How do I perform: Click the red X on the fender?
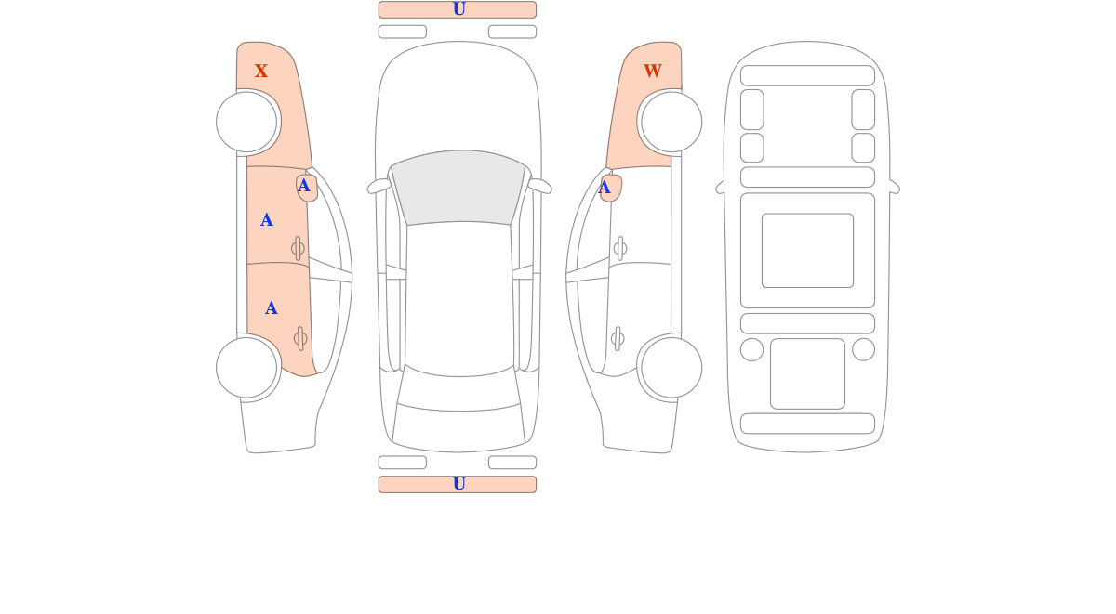click(x=261, y=71)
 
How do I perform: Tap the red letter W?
click(x=653, y=71)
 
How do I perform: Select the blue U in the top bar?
click(x=458, y=9)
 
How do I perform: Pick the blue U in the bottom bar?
click(x=458, y=484)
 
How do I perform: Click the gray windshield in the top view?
click(x=458, y=187)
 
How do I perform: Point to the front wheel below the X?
click(x=246, y=122)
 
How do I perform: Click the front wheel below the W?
click(x=671, y=122)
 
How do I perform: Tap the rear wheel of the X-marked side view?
click(x=246, y=368)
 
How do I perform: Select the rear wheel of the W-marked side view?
click(x=671, y=368)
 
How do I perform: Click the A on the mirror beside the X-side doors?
click(x=303, y=186)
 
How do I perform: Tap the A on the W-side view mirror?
click(x=604, y=188)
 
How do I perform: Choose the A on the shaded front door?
click(x=267, y=220)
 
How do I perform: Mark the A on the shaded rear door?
click(x=271, y=308)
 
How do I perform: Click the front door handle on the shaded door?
click(x=298, y=248)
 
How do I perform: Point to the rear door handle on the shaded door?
click(x=300, y=339)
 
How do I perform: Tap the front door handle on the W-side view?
click(x=620, y=248)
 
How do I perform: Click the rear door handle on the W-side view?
click(x=618, y=339)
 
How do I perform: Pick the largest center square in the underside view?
click(x=807, y=250)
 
